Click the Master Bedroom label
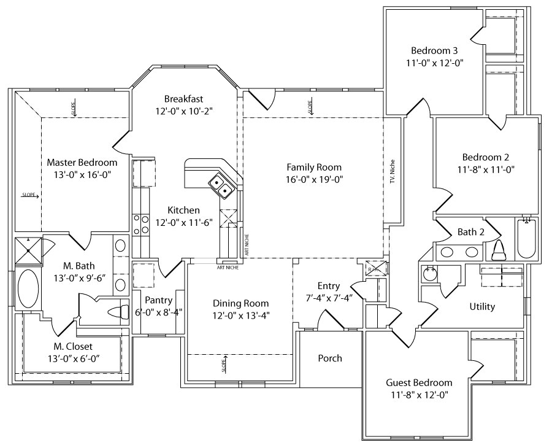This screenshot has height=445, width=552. click(82, 163)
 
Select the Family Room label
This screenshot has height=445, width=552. click(314, 167)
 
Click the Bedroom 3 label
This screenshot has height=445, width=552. click(434, 50)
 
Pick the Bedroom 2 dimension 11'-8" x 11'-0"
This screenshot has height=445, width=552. click(485, 169)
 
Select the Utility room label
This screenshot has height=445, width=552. click(482, 306)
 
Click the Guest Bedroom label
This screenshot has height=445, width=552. click(419, 382)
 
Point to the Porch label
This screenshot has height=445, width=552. click(330, 358)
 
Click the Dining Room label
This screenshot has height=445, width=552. click(240, 303)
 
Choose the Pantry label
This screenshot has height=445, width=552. click(158, 300)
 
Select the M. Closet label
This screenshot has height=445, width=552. click(72, 347)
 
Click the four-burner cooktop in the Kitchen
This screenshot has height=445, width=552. click(140, 225)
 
